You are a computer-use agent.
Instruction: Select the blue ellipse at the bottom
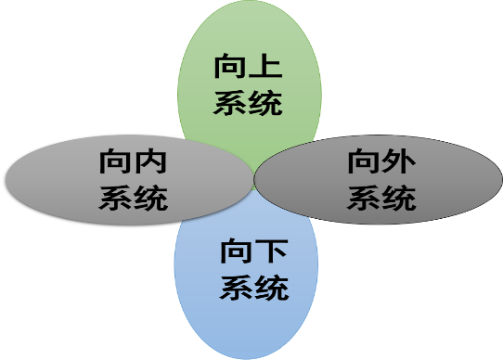[247, 325]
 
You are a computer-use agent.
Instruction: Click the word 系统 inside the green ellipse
[248, 102]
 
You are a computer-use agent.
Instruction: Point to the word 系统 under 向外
[381, 197]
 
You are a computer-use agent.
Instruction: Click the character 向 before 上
[230, 69]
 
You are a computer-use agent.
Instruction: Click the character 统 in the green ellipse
[264, 102]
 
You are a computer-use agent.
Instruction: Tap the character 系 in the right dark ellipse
[364, 197]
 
